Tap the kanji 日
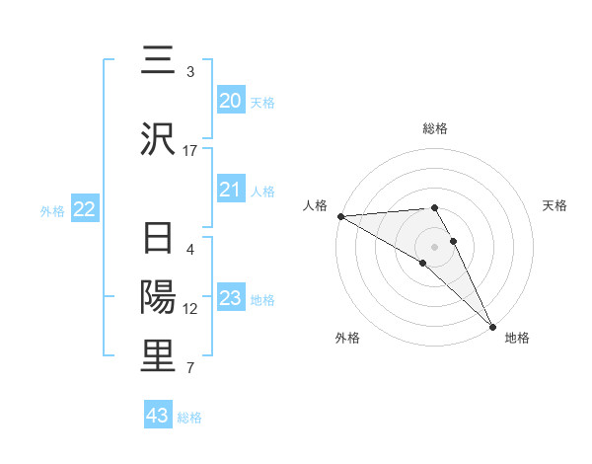[159, 239]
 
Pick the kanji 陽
[159, 297]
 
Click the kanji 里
[159, 356]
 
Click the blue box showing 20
[230, 101]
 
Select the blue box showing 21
[230, 190]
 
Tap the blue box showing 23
[230, 298]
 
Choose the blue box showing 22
[84, 209]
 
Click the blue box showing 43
[158, 416]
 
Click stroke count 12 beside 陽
[190, 309]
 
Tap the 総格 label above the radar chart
[434, 128]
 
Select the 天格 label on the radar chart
[555, 205]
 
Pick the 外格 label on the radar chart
[346, 338]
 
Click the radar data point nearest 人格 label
[340, 216]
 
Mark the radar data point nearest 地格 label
[492, 327]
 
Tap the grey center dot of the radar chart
[434, 246]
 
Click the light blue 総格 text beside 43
[189, 418]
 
